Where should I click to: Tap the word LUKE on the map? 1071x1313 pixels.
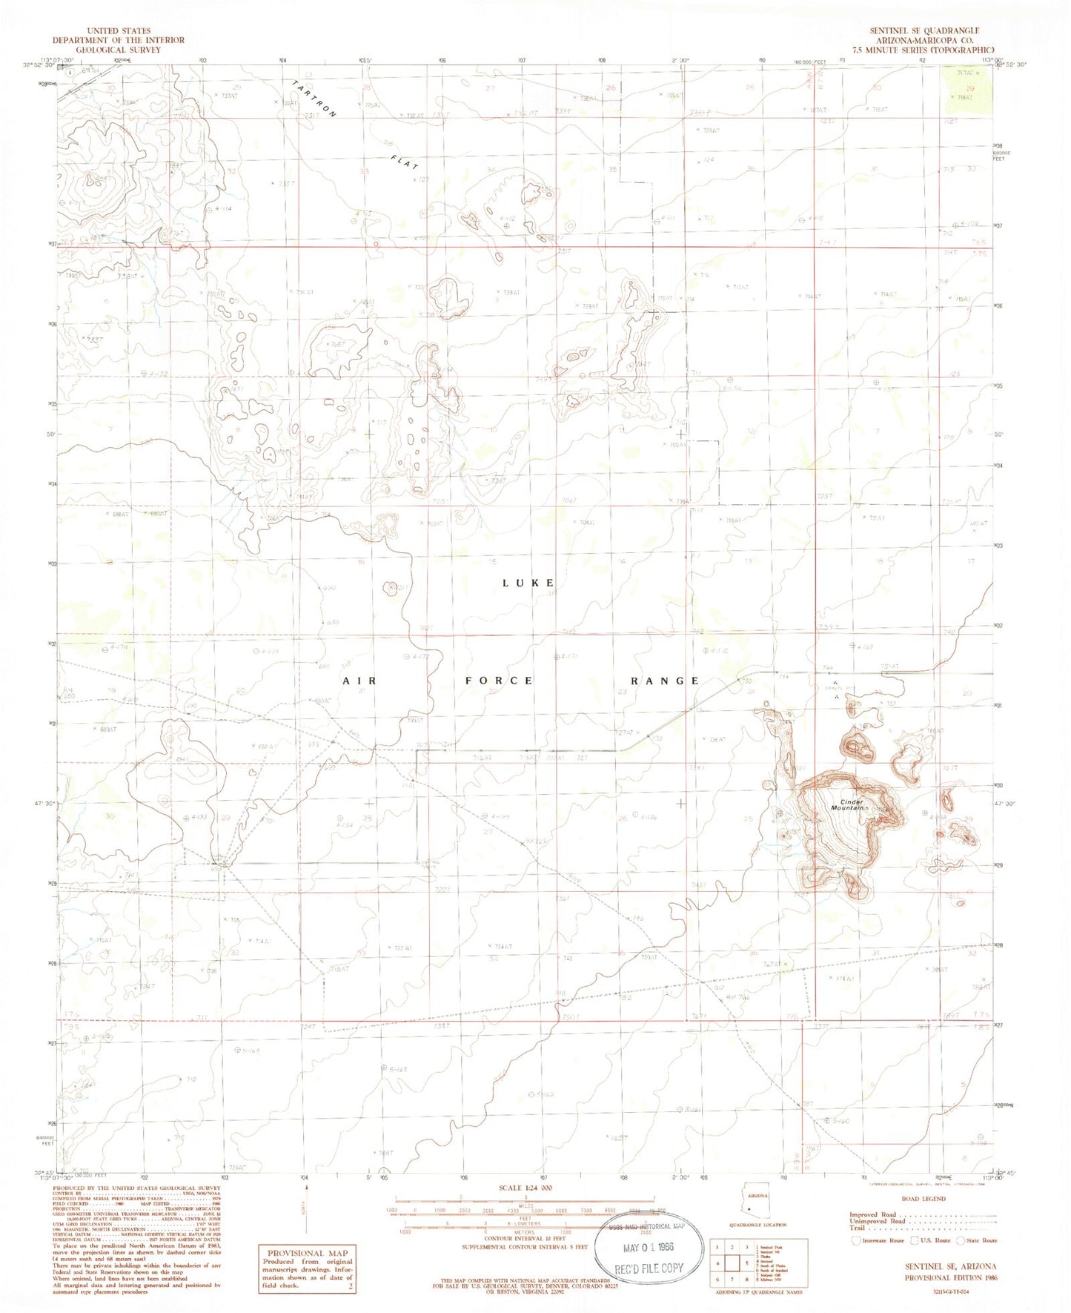(528, 583)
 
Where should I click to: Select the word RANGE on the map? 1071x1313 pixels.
(665, 681)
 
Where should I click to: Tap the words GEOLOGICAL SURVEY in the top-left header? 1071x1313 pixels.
(119, 50)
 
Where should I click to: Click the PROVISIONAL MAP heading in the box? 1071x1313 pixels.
(306, 1253)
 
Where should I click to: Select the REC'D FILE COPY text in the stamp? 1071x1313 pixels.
(649, 1268)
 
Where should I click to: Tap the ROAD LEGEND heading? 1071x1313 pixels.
(923, 1199)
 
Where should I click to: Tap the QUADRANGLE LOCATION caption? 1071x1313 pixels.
(757, 1246)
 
